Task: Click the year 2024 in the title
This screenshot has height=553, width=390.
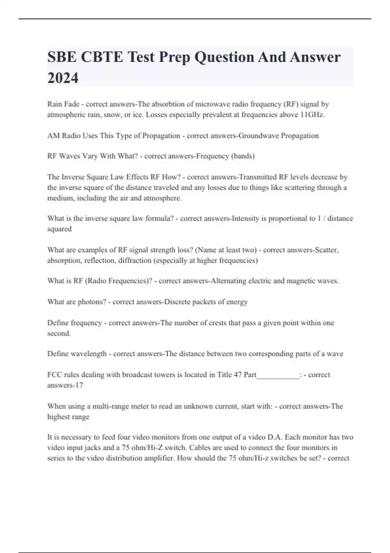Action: pos(63,78)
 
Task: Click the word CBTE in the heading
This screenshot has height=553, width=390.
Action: pos(102,57)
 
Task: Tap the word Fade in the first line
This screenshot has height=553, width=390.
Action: pos(72,104)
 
